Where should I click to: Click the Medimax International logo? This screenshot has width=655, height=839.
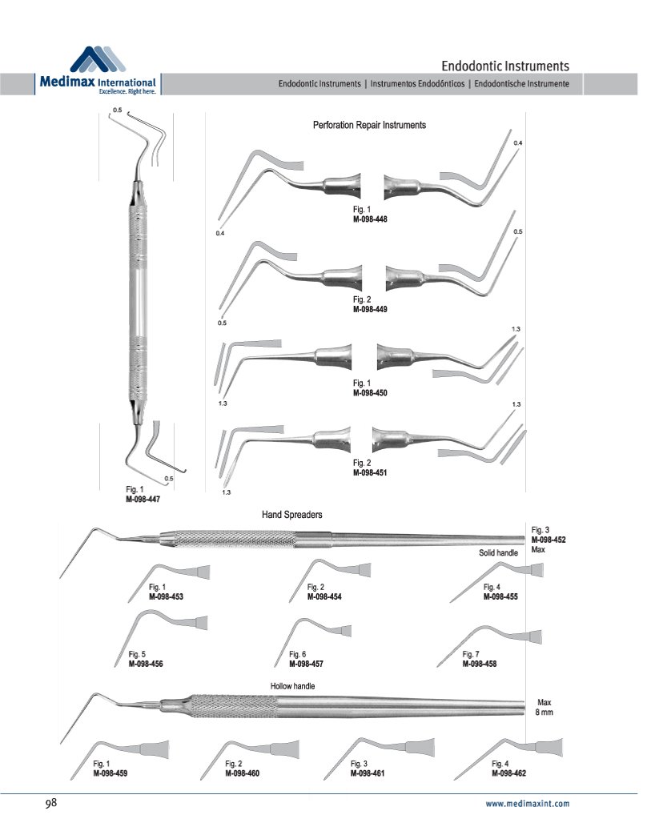[98, 72]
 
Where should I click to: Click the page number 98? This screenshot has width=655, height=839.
[50, 802]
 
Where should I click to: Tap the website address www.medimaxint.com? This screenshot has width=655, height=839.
[528, 804]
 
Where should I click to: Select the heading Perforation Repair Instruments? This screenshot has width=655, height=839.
[368, 126]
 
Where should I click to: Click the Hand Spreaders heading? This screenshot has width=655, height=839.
[291, 514]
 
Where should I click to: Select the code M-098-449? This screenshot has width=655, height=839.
[370, 309]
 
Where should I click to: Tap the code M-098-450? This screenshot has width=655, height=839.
[370, 393]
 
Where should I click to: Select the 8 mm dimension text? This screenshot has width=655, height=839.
[544, 712]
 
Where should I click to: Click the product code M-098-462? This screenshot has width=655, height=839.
[508, 774]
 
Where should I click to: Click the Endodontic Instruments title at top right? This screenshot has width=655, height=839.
[505, 65]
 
